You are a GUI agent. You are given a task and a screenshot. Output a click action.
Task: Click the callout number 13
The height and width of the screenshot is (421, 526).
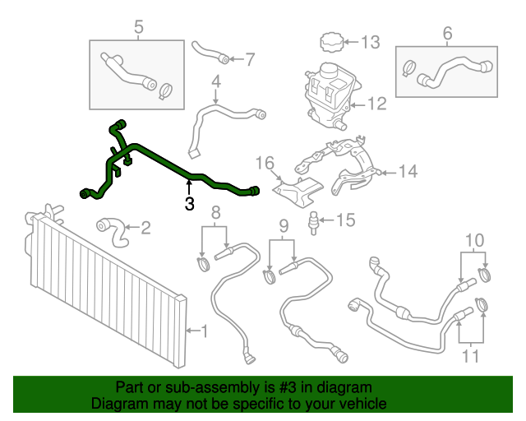pyautogui.click(x=371, y=41)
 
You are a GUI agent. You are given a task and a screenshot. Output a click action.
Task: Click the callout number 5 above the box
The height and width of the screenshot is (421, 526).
pyautogui.click(x=138, y=29)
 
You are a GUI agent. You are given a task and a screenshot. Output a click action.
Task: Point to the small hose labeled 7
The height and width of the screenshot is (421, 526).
pyautogui.click(x=209, y=51)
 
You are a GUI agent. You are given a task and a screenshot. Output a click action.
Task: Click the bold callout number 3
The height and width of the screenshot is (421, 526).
pyautogui.click(x=189, y=203)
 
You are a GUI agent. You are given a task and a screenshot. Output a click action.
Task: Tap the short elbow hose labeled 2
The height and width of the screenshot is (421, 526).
pyautogui.click(x=114, y=230)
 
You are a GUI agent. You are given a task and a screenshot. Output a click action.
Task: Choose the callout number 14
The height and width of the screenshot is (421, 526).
pyautogui.click(x=408, y=172)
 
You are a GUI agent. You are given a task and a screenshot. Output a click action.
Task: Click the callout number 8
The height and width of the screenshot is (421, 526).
pyautogui.click(x=215, y=213)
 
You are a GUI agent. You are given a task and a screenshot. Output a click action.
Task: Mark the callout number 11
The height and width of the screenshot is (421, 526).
pyautogui.click(x=471, y=358)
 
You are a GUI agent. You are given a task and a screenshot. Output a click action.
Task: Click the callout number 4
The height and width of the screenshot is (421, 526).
pyautogui.click(x=216, y=81)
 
